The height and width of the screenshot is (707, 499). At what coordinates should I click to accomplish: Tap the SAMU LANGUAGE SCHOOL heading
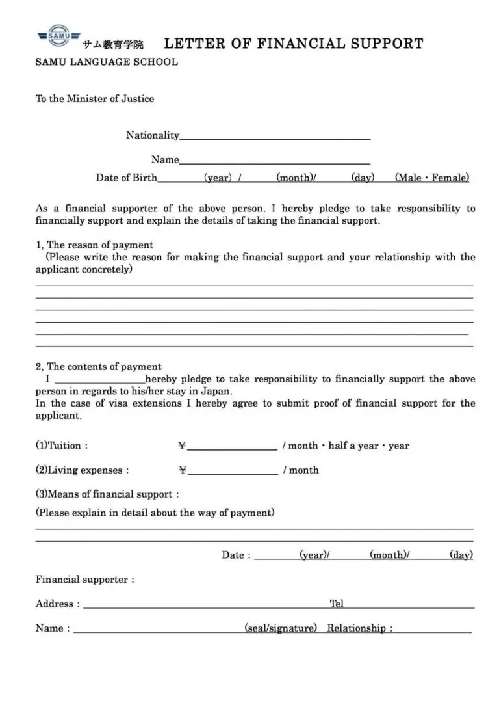pos(107,62)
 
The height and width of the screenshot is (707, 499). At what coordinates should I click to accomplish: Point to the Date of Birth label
pos(127,178)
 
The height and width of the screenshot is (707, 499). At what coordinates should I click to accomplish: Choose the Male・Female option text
pos(431,178)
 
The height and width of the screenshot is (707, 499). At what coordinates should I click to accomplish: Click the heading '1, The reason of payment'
pos(94,245)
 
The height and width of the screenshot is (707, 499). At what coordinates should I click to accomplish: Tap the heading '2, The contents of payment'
pos(98,367)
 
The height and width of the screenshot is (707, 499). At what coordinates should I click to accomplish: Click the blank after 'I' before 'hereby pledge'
pos(99,381)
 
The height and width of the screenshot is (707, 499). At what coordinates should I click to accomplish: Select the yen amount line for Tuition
pos(232,447)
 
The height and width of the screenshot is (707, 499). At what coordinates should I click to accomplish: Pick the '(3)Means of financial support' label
pos(107,494)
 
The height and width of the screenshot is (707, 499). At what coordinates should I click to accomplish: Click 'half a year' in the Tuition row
pos(353,446)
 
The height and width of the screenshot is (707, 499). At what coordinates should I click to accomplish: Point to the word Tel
pos(337,604)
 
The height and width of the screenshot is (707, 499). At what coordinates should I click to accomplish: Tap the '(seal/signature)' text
pos(281,628)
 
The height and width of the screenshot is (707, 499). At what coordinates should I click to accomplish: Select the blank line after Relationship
pos(433,630)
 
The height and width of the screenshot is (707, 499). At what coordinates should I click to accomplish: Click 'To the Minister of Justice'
pos(95,99)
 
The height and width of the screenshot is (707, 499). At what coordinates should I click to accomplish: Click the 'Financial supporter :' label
pos(85,580)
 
